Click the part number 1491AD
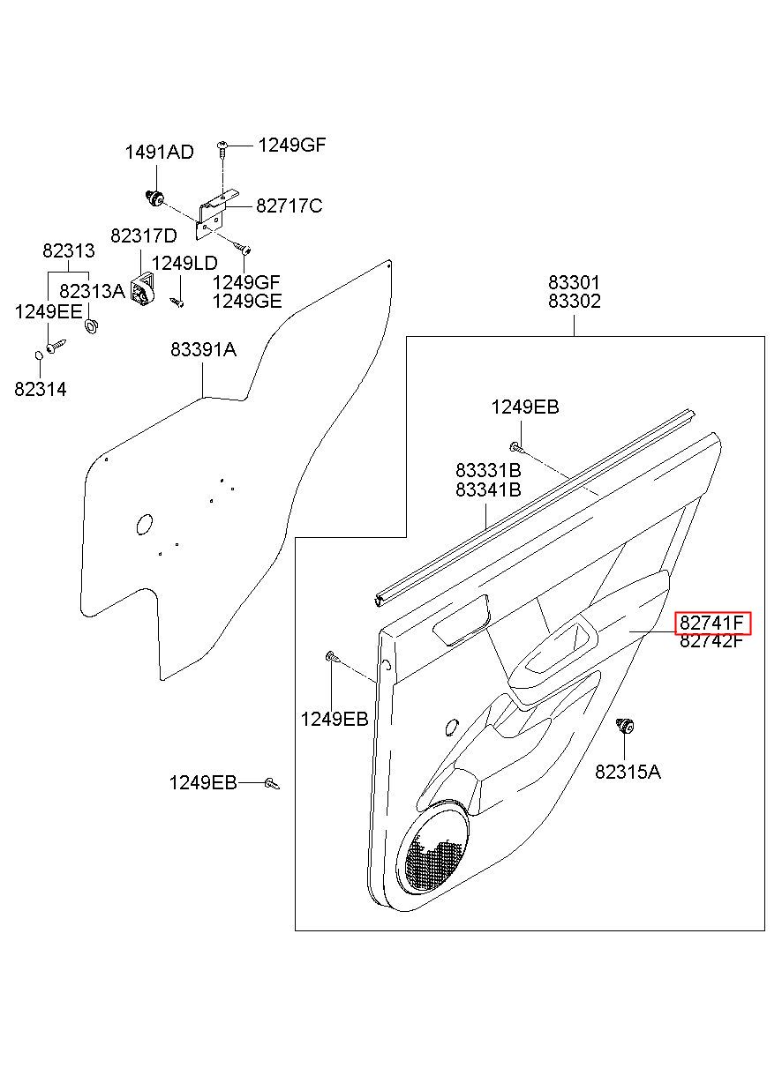tap(160, 153)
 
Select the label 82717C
tap(289, 206)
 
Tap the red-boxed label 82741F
tap(712, 623)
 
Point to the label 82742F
tap(712, 641)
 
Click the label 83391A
tap(204, 350)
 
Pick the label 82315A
tap(628, 772)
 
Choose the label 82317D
tap(144, 235)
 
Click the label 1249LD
tap(184, 263)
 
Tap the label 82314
tap(41, 390)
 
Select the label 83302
tap(575, 302)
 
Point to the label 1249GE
tap(247, 302)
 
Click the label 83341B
tap(489, 489)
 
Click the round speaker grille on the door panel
tap(432, 850)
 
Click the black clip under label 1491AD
tap(154, 197)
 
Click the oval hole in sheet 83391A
tap(144, 525)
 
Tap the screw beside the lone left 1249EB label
tap(272, 783)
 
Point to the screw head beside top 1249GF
tap(222, 144)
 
